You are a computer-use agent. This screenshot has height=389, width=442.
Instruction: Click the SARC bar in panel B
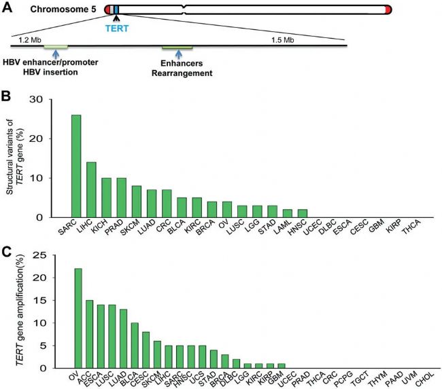[x=76, y=166]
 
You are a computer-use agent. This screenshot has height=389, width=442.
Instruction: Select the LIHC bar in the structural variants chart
[x=91, y=189]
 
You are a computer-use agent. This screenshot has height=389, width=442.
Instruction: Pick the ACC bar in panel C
[x=90, y=333]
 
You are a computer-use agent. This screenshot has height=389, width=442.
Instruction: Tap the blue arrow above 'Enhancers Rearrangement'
[x=178, y=54]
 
